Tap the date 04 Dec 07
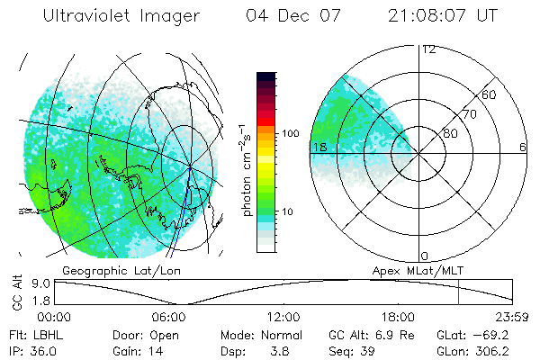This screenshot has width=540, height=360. coord(282,16)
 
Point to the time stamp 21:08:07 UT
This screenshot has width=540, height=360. coord(444,16)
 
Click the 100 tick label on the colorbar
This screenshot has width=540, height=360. coord(289,133)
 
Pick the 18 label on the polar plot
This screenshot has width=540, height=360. coord(319,147)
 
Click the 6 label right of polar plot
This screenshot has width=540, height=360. coord(523,148)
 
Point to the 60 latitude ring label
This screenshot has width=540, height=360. coord(490,94)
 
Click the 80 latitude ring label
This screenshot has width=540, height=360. coord(449,134)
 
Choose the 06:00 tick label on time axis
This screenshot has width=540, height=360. coord(168,317)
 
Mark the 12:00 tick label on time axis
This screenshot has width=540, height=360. coord(283,317)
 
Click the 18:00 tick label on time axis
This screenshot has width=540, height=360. coord(398,317)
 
